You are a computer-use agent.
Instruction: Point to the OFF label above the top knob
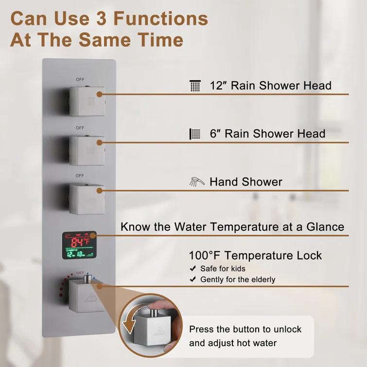80,79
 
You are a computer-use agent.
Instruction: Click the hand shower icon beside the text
195,182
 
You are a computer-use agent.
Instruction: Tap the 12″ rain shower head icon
195,86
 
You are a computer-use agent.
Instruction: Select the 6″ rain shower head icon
194,134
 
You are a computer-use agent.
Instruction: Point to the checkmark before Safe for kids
192,269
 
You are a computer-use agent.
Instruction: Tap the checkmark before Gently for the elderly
192,280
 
